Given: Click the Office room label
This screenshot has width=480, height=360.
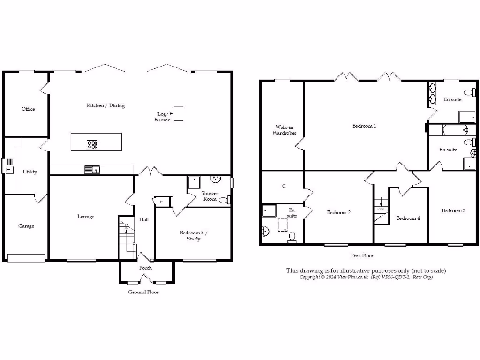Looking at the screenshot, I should click(28, 109).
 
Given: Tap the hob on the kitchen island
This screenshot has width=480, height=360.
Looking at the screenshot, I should click(92, 145).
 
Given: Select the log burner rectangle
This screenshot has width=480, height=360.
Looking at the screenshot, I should click(178, 113).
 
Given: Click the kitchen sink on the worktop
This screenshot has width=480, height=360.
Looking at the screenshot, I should click(92, 170).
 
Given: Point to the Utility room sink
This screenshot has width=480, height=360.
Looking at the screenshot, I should click(10, 166).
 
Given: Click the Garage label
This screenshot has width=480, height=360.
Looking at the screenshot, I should click(26, 226).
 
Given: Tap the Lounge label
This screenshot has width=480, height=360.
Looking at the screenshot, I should click(86, 216).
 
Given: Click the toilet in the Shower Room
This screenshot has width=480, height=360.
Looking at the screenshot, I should click(224, 200).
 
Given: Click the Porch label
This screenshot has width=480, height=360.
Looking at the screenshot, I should click(145, 268).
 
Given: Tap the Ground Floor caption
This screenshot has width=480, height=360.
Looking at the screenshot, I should click(143, 292).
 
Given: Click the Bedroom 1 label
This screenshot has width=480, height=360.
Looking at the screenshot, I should click(364, 126).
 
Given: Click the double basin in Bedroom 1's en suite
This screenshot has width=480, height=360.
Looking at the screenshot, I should click(432, 93).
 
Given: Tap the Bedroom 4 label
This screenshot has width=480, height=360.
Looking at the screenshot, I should click(408, 218).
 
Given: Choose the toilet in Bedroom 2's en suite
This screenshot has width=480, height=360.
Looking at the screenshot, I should click(292, 238).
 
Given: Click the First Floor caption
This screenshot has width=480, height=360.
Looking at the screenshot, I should click(362, 256).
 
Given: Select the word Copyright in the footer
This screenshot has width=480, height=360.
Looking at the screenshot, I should click(310, 277).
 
